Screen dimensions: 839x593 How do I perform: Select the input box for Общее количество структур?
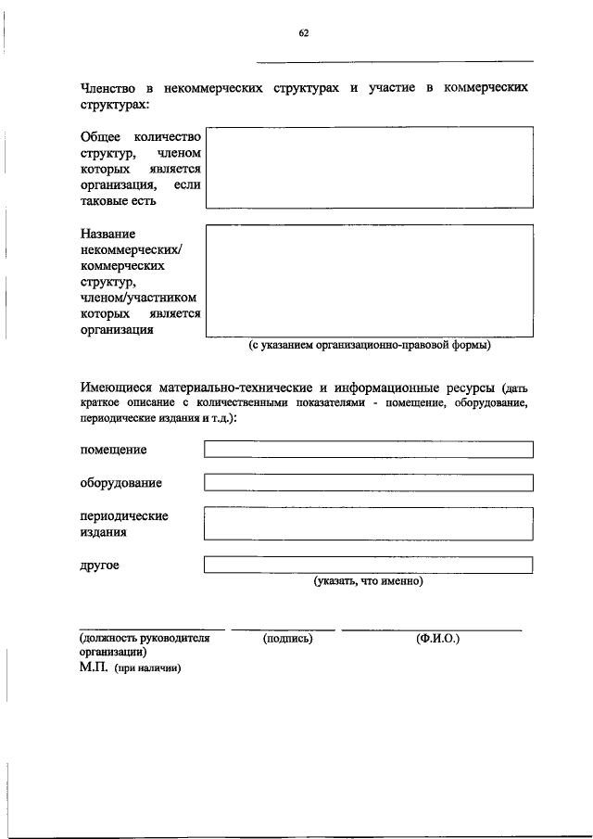[369, 167]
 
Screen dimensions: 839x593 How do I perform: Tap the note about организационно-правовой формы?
[369, 347]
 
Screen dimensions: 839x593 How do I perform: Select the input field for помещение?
[369, 450]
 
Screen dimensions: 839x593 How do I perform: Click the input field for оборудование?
[369, 483]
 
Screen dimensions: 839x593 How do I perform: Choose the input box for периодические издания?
[369, 523]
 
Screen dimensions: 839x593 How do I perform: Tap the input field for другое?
[369, 565]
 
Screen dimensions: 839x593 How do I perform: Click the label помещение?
[113, 450]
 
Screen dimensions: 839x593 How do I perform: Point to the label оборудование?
[120, 483]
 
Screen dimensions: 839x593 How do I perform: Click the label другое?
[99, 565]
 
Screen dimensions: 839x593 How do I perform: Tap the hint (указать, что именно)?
[368, 582]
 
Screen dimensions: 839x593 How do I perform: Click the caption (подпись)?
[287, 639]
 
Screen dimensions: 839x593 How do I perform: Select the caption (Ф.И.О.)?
[438, 639]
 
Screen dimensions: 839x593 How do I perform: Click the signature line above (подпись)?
[283, 629]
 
